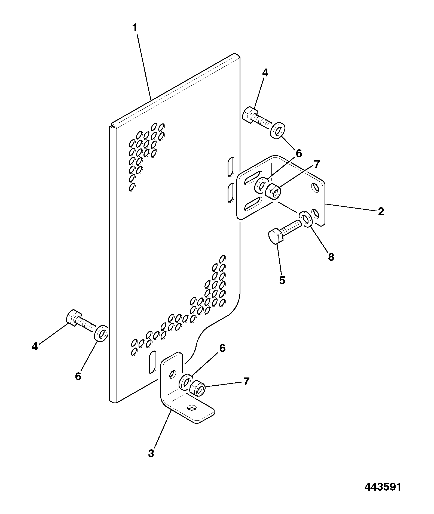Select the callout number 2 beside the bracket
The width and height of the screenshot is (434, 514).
point(381,211)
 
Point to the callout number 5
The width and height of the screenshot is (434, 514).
point(282,280)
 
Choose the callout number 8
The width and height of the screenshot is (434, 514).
point(331,257)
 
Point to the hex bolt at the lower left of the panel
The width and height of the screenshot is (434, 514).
point(80,321)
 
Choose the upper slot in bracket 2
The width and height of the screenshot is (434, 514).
point(253,178)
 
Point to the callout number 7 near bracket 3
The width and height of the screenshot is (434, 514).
point(246,382)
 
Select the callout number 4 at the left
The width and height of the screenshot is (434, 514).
point(35,346)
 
